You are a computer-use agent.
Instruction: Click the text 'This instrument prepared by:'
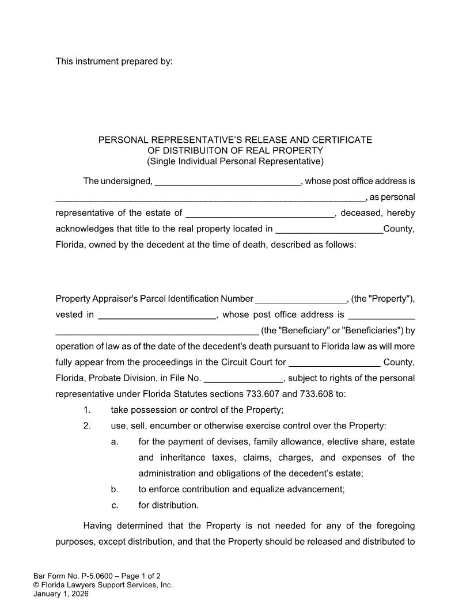tap(113, 61)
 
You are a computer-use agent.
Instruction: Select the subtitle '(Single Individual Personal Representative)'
tap(235, 161)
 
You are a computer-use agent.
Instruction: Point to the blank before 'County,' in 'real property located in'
tap(329, 230)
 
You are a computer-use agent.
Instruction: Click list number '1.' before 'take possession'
tap(87, 410)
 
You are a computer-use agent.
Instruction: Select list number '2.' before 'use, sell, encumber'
tap(87, 426)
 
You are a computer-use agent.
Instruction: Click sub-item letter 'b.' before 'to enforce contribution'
tap(115, 489)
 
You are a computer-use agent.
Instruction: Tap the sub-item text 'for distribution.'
tap(168, 506)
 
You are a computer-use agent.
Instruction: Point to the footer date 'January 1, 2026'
tap(61, 594)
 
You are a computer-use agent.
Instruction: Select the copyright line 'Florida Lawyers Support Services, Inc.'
tap(107, 585)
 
